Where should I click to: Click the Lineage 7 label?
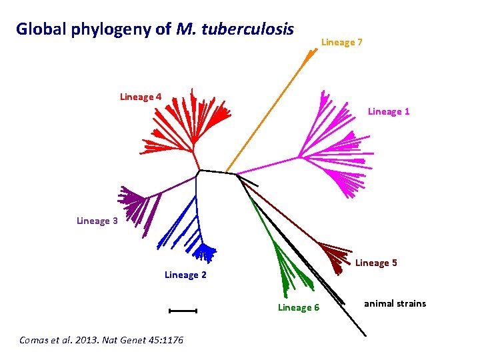(x=341, y=43)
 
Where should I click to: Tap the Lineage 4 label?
(x=140, y=97)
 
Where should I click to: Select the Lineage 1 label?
(x=389, y=111)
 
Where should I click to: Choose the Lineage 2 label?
(x=185, y=275)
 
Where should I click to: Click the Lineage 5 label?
(x=376, y=263)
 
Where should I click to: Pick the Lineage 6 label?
(x=298, y=307)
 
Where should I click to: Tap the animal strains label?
(x=395, y=303)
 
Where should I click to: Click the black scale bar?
(x=183, y=310)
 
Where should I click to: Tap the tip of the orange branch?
(x=313, y=51)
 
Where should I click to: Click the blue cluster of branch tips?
(x=205, y=252)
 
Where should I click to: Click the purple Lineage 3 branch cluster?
(x=133, y=200)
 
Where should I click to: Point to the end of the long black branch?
(x=365, y=334)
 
